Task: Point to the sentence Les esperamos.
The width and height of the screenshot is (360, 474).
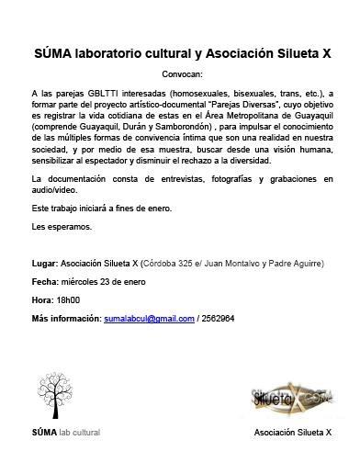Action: (x=62, y=225)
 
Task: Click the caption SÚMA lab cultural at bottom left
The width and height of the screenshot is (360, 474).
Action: (x=65, y=457)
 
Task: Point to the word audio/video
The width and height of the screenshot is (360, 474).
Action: (x=55, y=190)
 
